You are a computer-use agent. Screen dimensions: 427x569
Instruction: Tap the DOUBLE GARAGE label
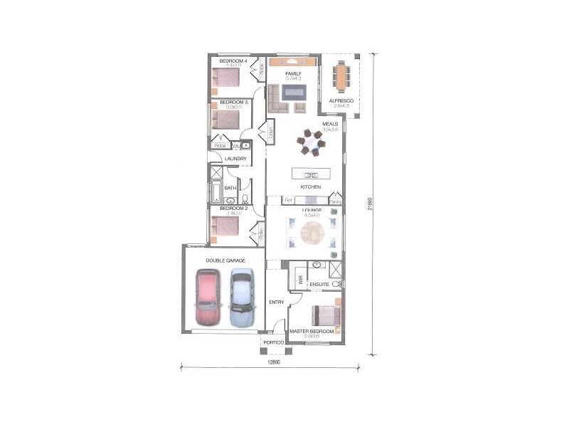pyautogui.click(x=225, y=261)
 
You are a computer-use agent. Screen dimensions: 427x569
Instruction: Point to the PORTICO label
pyautogui.click(x=274, y=343)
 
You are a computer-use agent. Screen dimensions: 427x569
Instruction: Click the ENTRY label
pyautogui.click(x=277, y=302)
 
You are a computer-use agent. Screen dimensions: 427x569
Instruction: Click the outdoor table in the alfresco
pyautogui.click(x=344, y=76)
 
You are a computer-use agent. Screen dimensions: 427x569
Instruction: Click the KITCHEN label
pyautogui.click(x=310, y=187)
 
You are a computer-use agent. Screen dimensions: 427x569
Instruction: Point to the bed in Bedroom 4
pyautogui.click(x=227, y=77)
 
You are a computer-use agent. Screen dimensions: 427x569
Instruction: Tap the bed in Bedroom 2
pyautogui.click(x=225, y=226)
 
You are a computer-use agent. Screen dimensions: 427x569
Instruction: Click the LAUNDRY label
pyautogui.click(x=235, y=159)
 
